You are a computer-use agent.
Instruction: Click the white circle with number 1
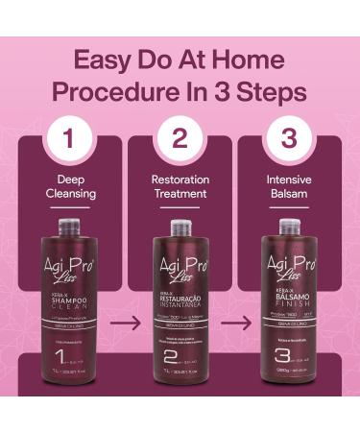click(70, 138)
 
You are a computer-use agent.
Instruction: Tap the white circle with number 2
click(180, 138)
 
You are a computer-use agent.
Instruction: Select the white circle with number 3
click(289, 138)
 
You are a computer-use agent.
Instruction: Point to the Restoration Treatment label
click(180, 186)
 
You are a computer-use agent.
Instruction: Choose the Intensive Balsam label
click(289, 186)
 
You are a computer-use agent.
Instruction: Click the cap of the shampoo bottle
click(70, 228)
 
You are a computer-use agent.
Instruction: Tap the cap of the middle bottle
click(180, 228)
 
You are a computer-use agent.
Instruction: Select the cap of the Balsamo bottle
click(289, 228)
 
